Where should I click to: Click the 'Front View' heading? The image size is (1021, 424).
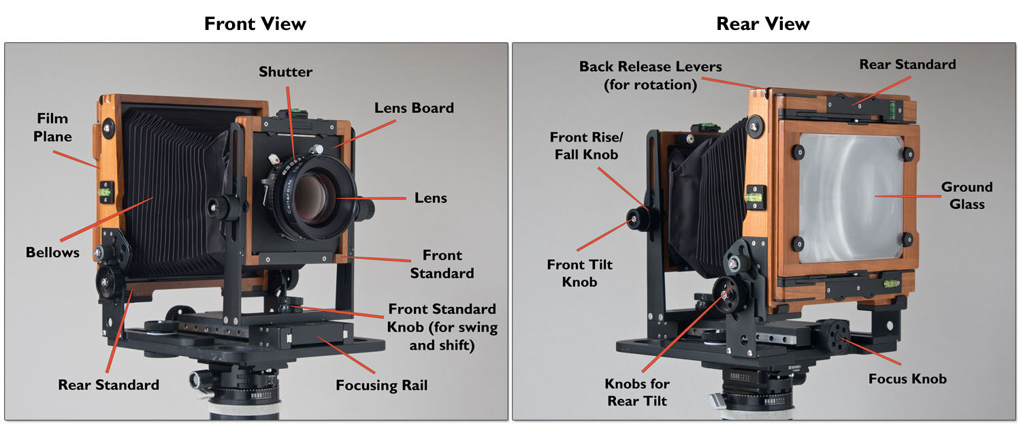(255, 24)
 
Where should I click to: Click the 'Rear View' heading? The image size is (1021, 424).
(762, 24)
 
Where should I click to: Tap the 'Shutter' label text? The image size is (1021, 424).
(285, 71)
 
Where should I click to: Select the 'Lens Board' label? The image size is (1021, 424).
(414, 108)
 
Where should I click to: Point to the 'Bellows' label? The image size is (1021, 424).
(52, 252)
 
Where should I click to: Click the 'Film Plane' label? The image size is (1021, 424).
(54, 127)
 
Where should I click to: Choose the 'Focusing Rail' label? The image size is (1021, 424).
(381, 385)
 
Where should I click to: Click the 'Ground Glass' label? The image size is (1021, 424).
(967, 195)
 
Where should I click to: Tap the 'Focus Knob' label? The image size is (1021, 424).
(907, 378)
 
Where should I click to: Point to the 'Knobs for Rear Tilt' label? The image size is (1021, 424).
(637, 393)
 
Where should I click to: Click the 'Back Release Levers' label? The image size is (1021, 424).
(650, 76)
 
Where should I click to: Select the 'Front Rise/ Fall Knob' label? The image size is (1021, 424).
(586, 146)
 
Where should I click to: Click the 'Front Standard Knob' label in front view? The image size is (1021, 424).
(442, 327)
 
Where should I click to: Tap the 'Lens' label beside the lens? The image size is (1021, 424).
(430, 198)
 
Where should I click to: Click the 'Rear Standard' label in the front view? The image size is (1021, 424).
(108, 385)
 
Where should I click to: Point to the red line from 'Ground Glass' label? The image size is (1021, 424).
(905, 196)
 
